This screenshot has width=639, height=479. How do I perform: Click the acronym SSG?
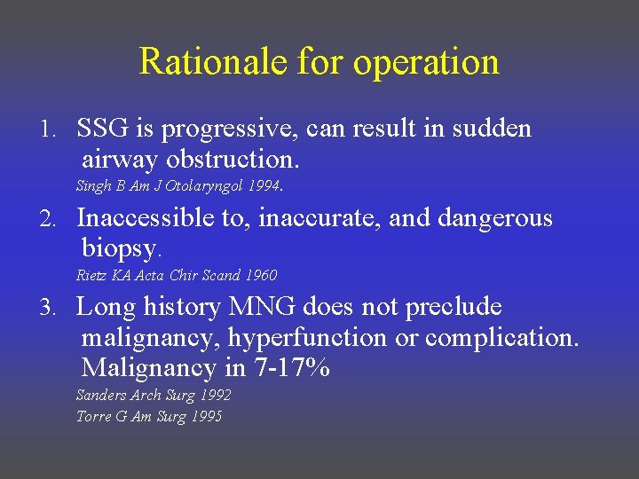tap(104, 129)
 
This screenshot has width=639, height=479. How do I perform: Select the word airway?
tap(120, 161)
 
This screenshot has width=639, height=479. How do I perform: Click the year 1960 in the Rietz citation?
tap(260, 275)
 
